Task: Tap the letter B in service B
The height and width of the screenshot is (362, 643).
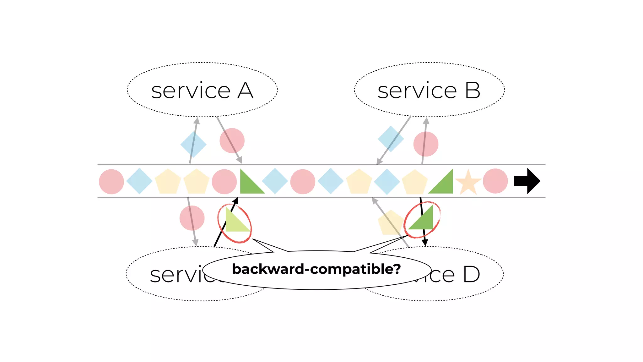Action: (x=473, y=91)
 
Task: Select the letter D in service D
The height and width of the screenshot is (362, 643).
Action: (x=471, y=275)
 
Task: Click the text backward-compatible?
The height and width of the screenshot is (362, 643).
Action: (x=316, y=269)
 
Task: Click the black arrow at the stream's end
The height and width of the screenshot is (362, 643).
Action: (x=527, y=181)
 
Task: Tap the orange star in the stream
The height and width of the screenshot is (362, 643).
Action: (x=468, y=183)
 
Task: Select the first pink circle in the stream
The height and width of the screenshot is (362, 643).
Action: (x=111, y=182)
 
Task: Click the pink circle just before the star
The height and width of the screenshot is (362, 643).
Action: (x=495, y=181)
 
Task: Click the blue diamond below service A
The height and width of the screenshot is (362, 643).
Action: (x=193, y=144)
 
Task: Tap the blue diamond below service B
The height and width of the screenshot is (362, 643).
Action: (x=391, y=139)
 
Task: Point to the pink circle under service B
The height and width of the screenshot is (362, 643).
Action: (x=426, y=144)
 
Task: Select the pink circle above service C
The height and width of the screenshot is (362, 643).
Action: (x=192, y=218)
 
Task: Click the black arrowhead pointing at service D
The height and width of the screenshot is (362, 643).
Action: (x=425, y=243)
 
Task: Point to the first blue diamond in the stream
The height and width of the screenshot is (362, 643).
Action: (x=139, y=181)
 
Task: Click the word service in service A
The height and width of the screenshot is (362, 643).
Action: (x=191, y=91)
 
